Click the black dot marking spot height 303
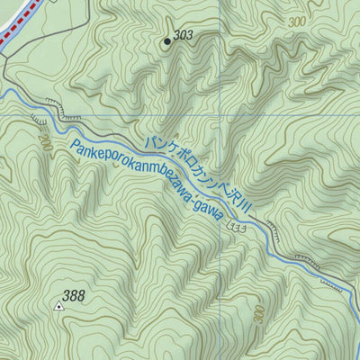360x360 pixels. click(166, 40)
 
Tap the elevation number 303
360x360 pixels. click(184, 36)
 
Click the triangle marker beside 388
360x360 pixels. click(59, 306)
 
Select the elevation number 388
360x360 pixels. click(74, 295)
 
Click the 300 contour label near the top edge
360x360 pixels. click(296, 20)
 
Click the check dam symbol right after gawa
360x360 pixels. click(236, 225)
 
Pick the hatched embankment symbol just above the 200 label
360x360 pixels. click(38, 119)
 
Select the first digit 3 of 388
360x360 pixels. click(67, 295)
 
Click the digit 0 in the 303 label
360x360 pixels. click(184, 36)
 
